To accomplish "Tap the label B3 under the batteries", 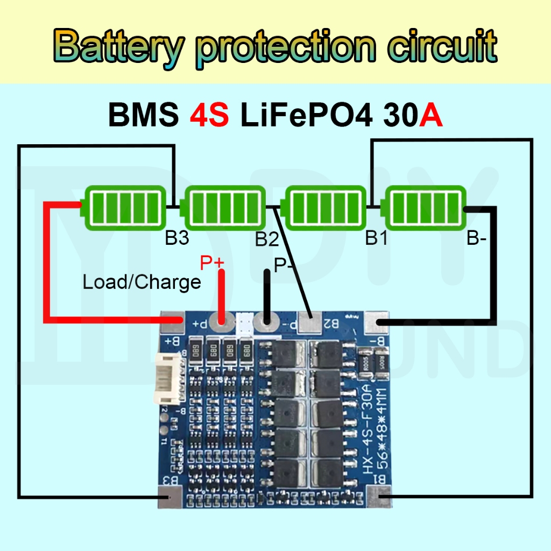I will [x=177, y=238].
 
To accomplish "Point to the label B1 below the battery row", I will [x=376, y=237].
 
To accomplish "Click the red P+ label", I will [x=211, y=263].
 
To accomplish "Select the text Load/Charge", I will [x=142, y=281].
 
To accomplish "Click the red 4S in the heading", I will [x=209, y=115].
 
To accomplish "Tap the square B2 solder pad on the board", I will [x=309, y=323].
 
